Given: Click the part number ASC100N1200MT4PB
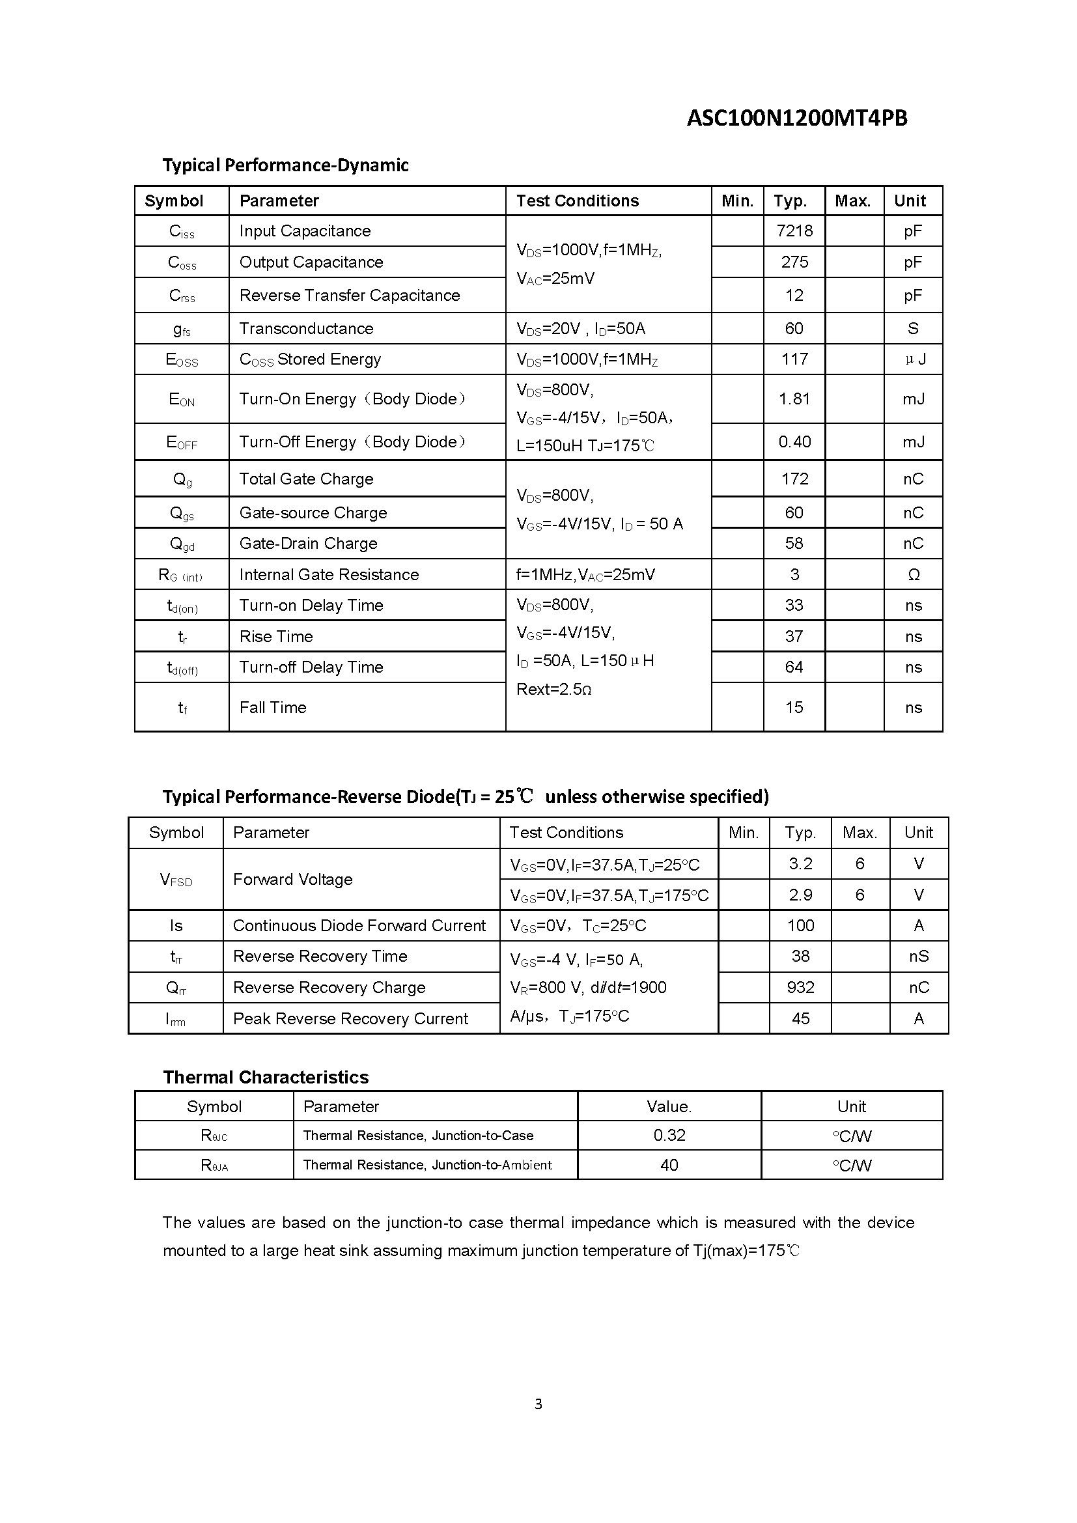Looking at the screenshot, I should point(796,118).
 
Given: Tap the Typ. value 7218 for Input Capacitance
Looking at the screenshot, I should point(794,231).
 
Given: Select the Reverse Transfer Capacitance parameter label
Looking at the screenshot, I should point(350,295).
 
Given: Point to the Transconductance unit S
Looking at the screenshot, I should point(912,328).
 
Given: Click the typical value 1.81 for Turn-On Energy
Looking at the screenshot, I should point(794,398).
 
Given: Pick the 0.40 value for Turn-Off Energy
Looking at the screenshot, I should point(794,441).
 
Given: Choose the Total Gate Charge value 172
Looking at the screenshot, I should point(794,479).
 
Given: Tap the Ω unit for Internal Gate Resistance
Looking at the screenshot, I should point(913,574).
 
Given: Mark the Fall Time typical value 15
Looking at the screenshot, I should point(794,707).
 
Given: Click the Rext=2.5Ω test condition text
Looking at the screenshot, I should point(553,689).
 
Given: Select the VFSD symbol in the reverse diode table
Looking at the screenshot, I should point(176,880).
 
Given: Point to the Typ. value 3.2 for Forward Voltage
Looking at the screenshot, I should point(800,863).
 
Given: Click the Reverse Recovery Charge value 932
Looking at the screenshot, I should point(800,987).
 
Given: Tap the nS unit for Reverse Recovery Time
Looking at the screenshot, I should point(919,956).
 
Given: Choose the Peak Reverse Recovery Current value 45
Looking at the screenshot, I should point(800,1018).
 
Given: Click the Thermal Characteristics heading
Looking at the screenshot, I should point(266,1076).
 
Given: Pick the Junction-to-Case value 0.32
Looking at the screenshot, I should point(669,1135).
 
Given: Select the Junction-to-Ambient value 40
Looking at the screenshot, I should point(669,1165).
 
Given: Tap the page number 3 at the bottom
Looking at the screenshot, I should point(538,1404).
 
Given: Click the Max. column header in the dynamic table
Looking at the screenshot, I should point(852,201).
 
